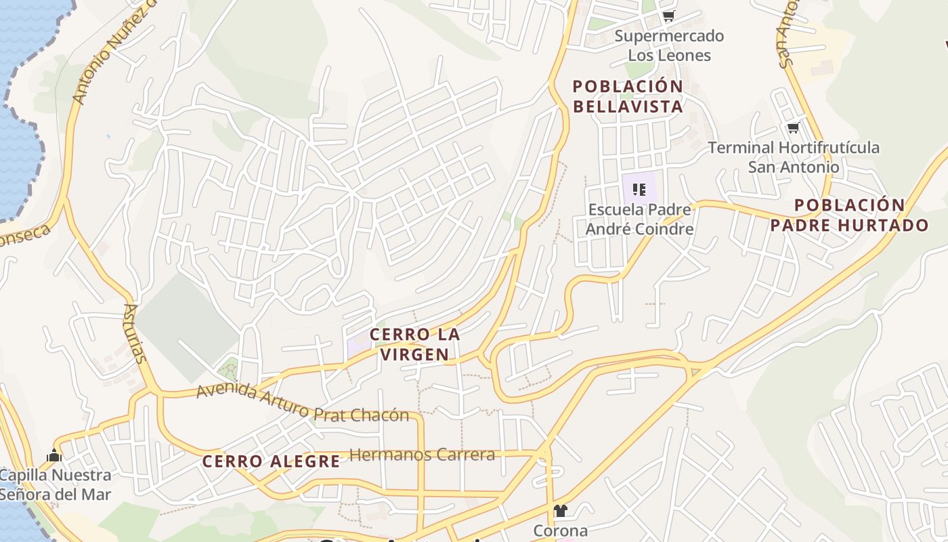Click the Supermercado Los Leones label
click(669, 45)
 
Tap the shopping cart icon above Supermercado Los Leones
click(669, 16)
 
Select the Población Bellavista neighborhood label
click(628, 96)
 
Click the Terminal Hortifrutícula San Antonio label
click(794, 157)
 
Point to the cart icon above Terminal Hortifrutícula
click(793, 127)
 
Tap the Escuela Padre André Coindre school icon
click(639, 190)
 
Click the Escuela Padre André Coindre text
click(639, 219)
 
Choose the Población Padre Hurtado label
click(849, 215)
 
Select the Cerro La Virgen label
click(415, 343)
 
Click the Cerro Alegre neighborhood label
click(271, 461)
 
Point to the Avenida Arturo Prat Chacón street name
click(303, 402)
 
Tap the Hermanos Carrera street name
click(422, 455)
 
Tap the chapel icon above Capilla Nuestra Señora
click(54, 455)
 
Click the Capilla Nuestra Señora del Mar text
click(54, 484)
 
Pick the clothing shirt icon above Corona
click(560, 510)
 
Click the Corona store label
click(560, 530)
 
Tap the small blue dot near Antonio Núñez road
click(108, 136)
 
